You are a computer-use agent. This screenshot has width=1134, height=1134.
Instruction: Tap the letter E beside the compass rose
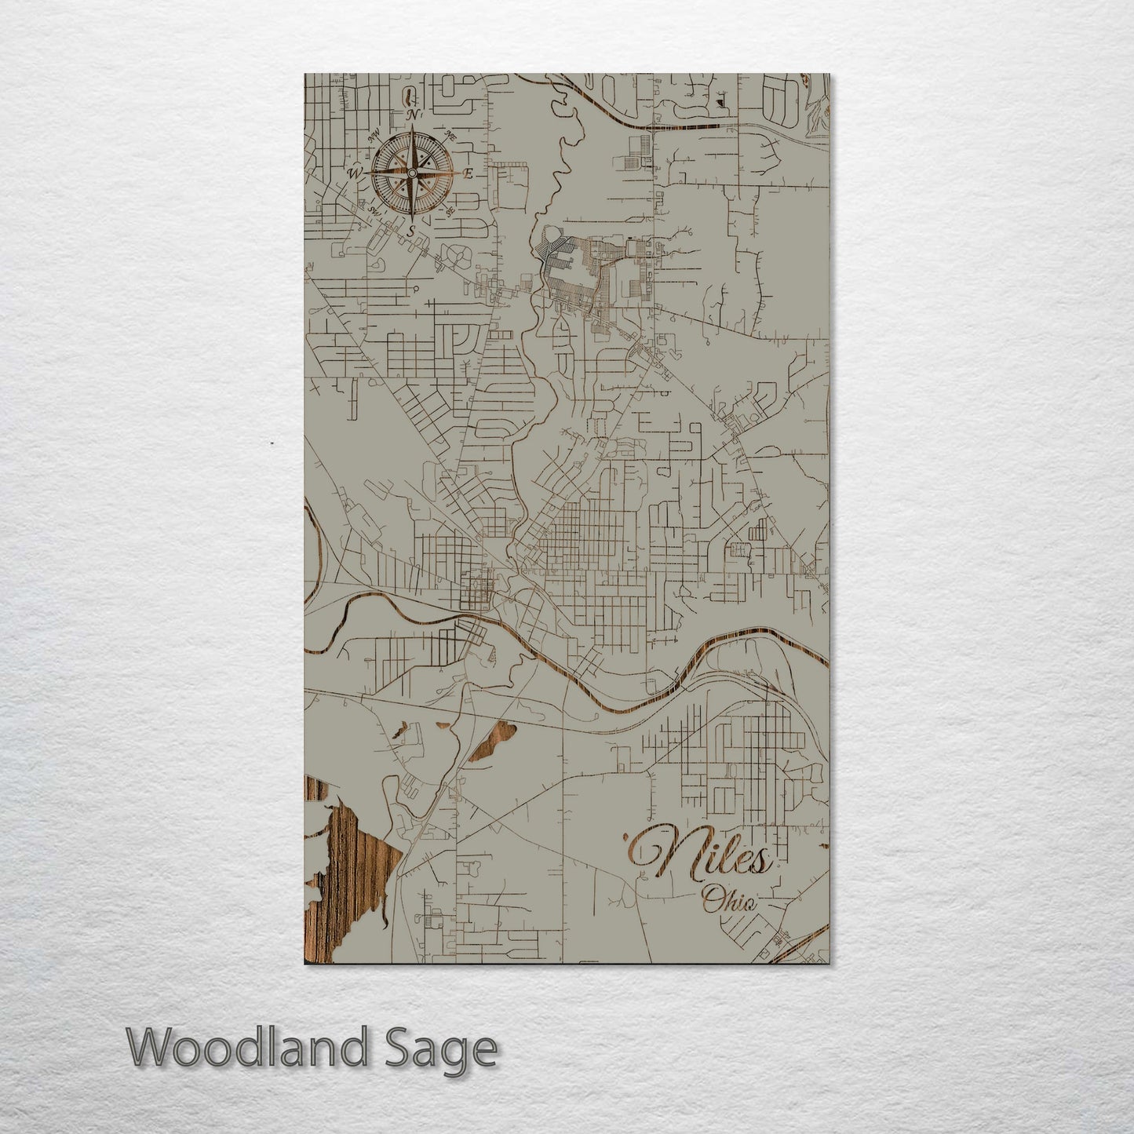[x=469, y=174]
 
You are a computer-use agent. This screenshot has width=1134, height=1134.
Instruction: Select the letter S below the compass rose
[x=411, y=231]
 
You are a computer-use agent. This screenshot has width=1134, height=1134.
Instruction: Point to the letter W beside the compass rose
[x=355, y=173]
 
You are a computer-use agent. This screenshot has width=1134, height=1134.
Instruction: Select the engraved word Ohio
[x=730, y=900]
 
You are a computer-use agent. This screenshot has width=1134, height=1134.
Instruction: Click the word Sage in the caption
[x=447, y=1049]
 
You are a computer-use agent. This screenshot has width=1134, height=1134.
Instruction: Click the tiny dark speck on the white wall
[x=271, y=444]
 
